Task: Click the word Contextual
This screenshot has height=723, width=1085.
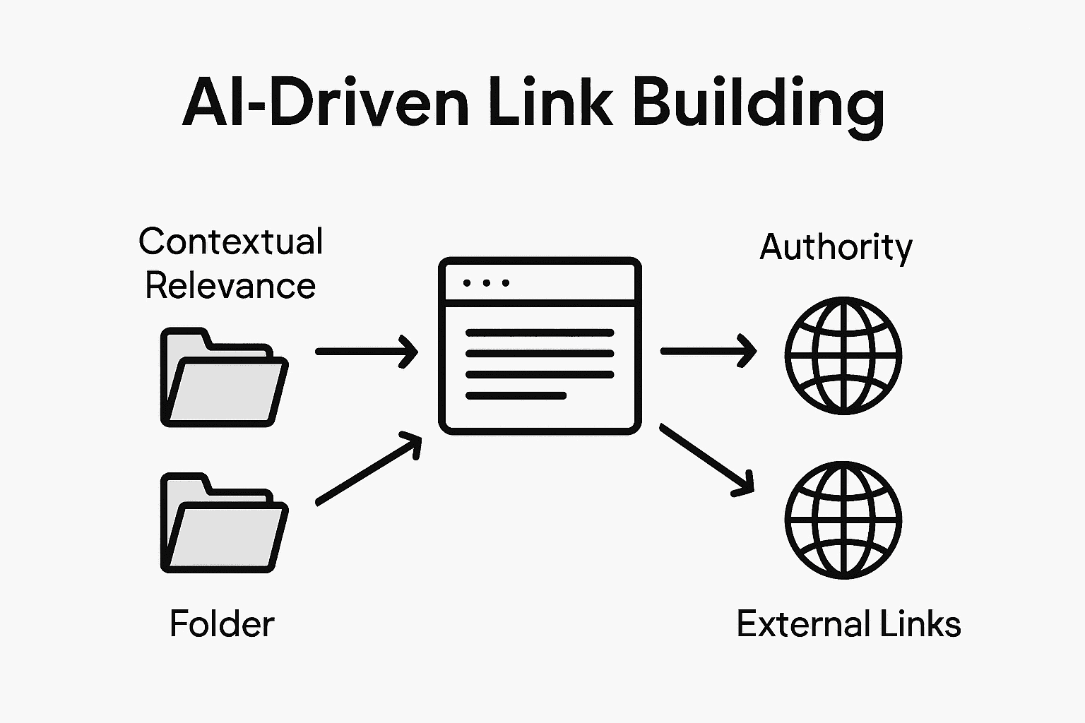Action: point(231,241)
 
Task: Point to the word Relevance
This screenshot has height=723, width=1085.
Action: point(230,286)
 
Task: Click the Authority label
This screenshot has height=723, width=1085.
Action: point(836,247)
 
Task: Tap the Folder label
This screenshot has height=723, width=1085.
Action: point(222,624)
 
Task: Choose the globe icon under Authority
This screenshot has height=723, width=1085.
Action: point(843,355)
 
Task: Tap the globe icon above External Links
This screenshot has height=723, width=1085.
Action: point(843,520)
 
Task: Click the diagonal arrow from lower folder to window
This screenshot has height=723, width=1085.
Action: point(368,470)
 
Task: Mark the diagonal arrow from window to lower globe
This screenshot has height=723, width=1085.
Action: point(706,458)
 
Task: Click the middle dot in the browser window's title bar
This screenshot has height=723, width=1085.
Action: point(486,283)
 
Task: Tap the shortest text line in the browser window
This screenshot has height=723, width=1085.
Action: point(516,396)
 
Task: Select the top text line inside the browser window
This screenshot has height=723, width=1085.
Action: point(540,333)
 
